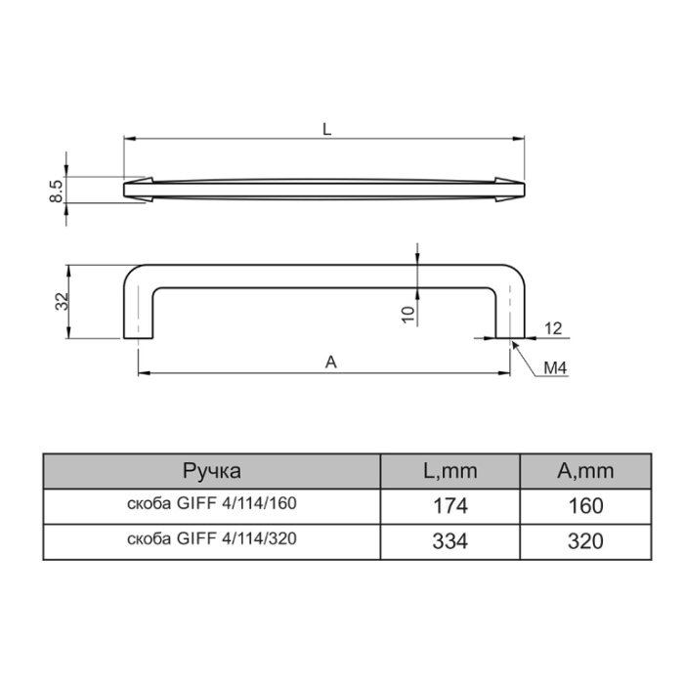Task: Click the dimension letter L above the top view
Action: tap(326, 129)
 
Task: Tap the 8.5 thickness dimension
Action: tap(57, 192)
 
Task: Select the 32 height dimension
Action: tap(62, 301)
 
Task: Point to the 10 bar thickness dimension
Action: tap(407, 315)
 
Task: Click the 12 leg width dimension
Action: tap(553, 328)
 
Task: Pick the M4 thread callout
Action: tap(555, 368)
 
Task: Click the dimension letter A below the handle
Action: tap(331, 363)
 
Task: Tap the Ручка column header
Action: tap(212, 471)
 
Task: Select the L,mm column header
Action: tap(450, 471)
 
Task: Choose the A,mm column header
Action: tap(585, 471)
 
